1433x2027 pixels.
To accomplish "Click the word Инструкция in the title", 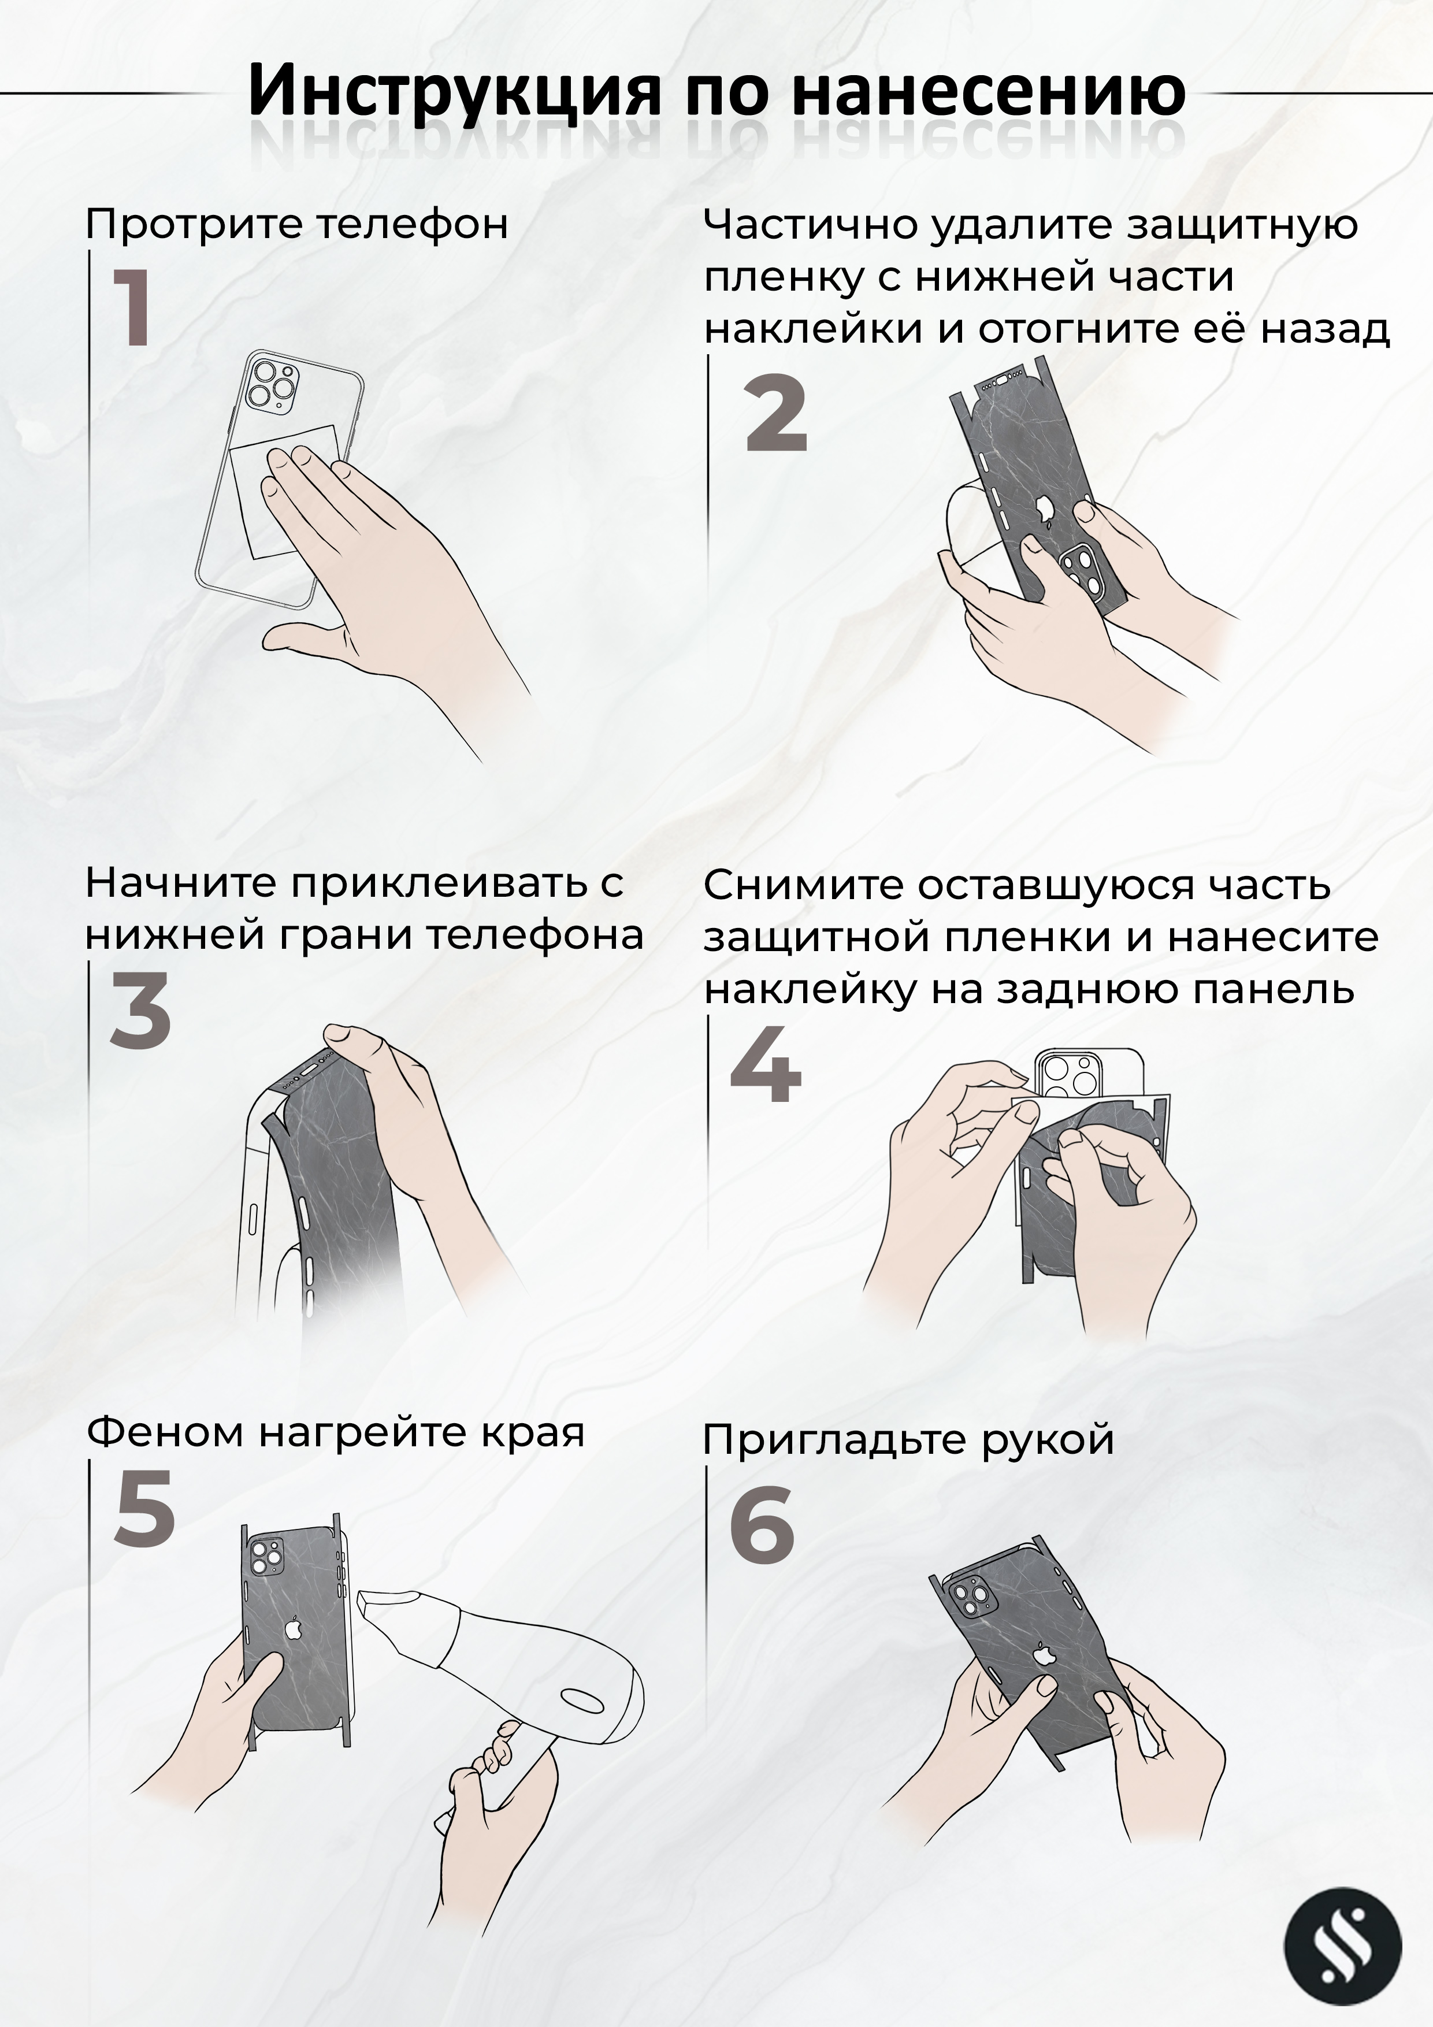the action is tap(455, 91).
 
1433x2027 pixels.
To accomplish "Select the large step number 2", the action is tap(776, 413).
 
